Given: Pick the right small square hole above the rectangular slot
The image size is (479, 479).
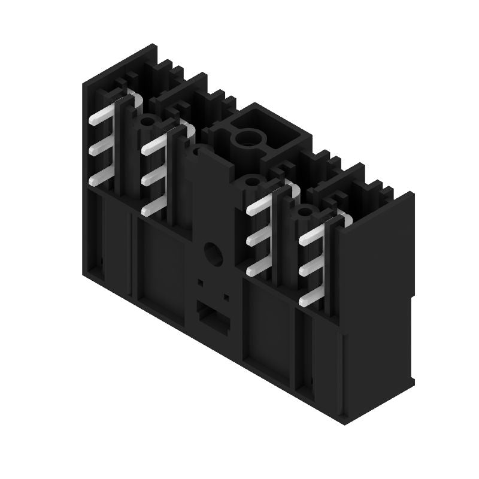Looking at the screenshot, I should (x=226, y=296).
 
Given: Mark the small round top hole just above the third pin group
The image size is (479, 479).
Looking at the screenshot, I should (x=251, y=181).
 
